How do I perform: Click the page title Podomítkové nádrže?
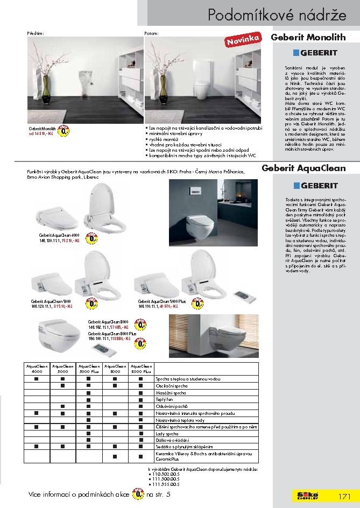pos(277,15)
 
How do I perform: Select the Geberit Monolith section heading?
pos(308,38)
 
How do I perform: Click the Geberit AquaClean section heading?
pos(303,168)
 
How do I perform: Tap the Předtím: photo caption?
pos(35,33)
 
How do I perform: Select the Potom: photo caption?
pos(152,33)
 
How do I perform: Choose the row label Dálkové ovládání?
pos(169,440)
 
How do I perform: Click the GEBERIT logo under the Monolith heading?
pos(315,53)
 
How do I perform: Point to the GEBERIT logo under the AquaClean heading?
pos(315,186)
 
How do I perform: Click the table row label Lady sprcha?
pos(166,433)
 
